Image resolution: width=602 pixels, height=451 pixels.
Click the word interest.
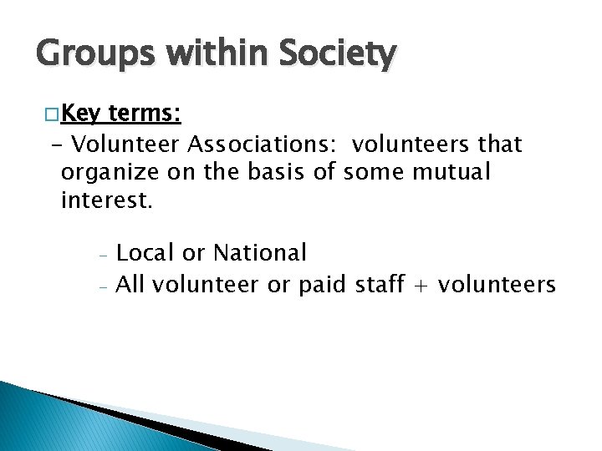click(107, 201)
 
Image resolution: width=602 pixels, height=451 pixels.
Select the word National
click(260, 252)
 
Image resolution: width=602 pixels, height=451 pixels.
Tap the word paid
click(320, 286)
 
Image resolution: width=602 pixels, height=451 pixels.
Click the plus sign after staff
click(421, 286)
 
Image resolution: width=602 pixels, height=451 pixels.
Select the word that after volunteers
click(500, 144)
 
